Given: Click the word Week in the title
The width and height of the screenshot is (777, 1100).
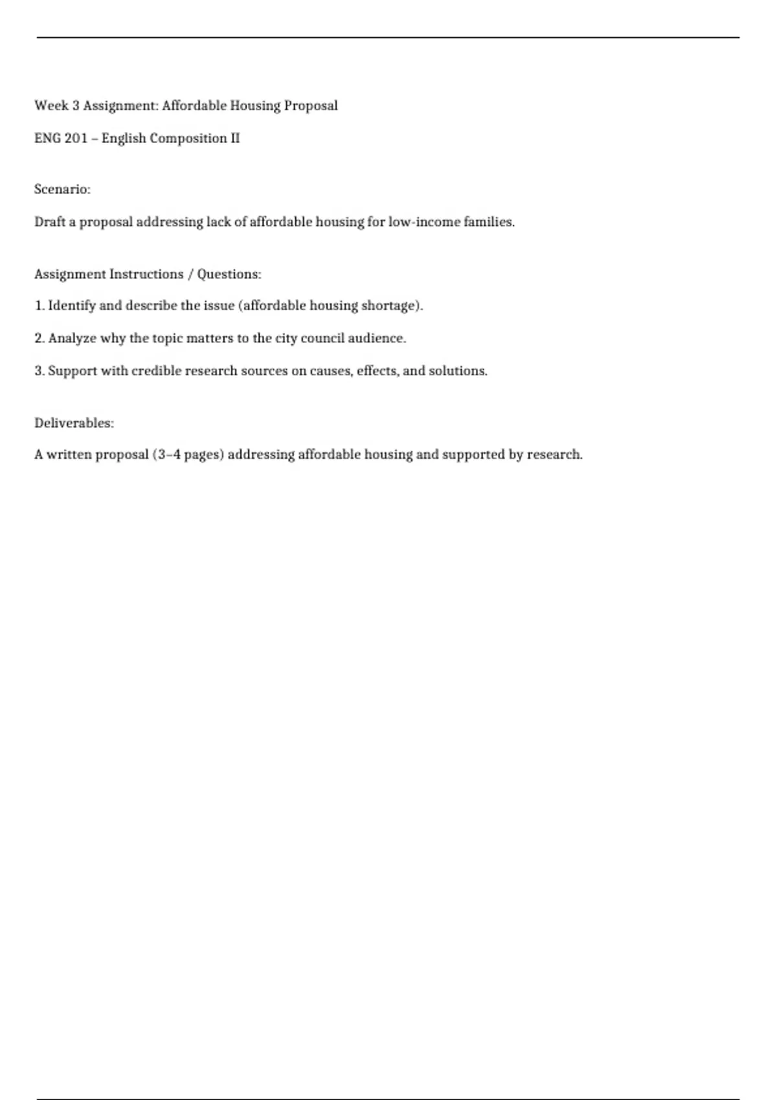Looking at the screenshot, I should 51,105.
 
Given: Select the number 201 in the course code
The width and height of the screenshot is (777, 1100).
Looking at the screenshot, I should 76,138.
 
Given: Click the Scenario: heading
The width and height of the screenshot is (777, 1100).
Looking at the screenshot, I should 62,190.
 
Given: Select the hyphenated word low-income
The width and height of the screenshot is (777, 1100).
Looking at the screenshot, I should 424,222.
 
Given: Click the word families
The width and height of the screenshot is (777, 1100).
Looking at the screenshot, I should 489,222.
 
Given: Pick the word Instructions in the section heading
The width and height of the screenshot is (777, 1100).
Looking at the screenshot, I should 146,274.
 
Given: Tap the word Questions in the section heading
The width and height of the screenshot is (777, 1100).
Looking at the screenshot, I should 229,274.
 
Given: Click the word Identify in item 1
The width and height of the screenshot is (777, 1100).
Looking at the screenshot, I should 72,305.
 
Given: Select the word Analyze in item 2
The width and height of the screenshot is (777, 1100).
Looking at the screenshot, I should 72,338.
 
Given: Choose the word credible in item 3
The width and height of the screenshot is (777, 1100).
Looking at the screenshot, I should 156,371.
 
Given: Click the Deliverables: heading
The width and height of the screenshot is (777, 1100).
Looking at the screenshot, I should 74,423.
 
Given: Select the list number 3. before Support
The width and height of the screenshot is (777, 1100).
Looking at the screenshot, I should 39,371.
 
